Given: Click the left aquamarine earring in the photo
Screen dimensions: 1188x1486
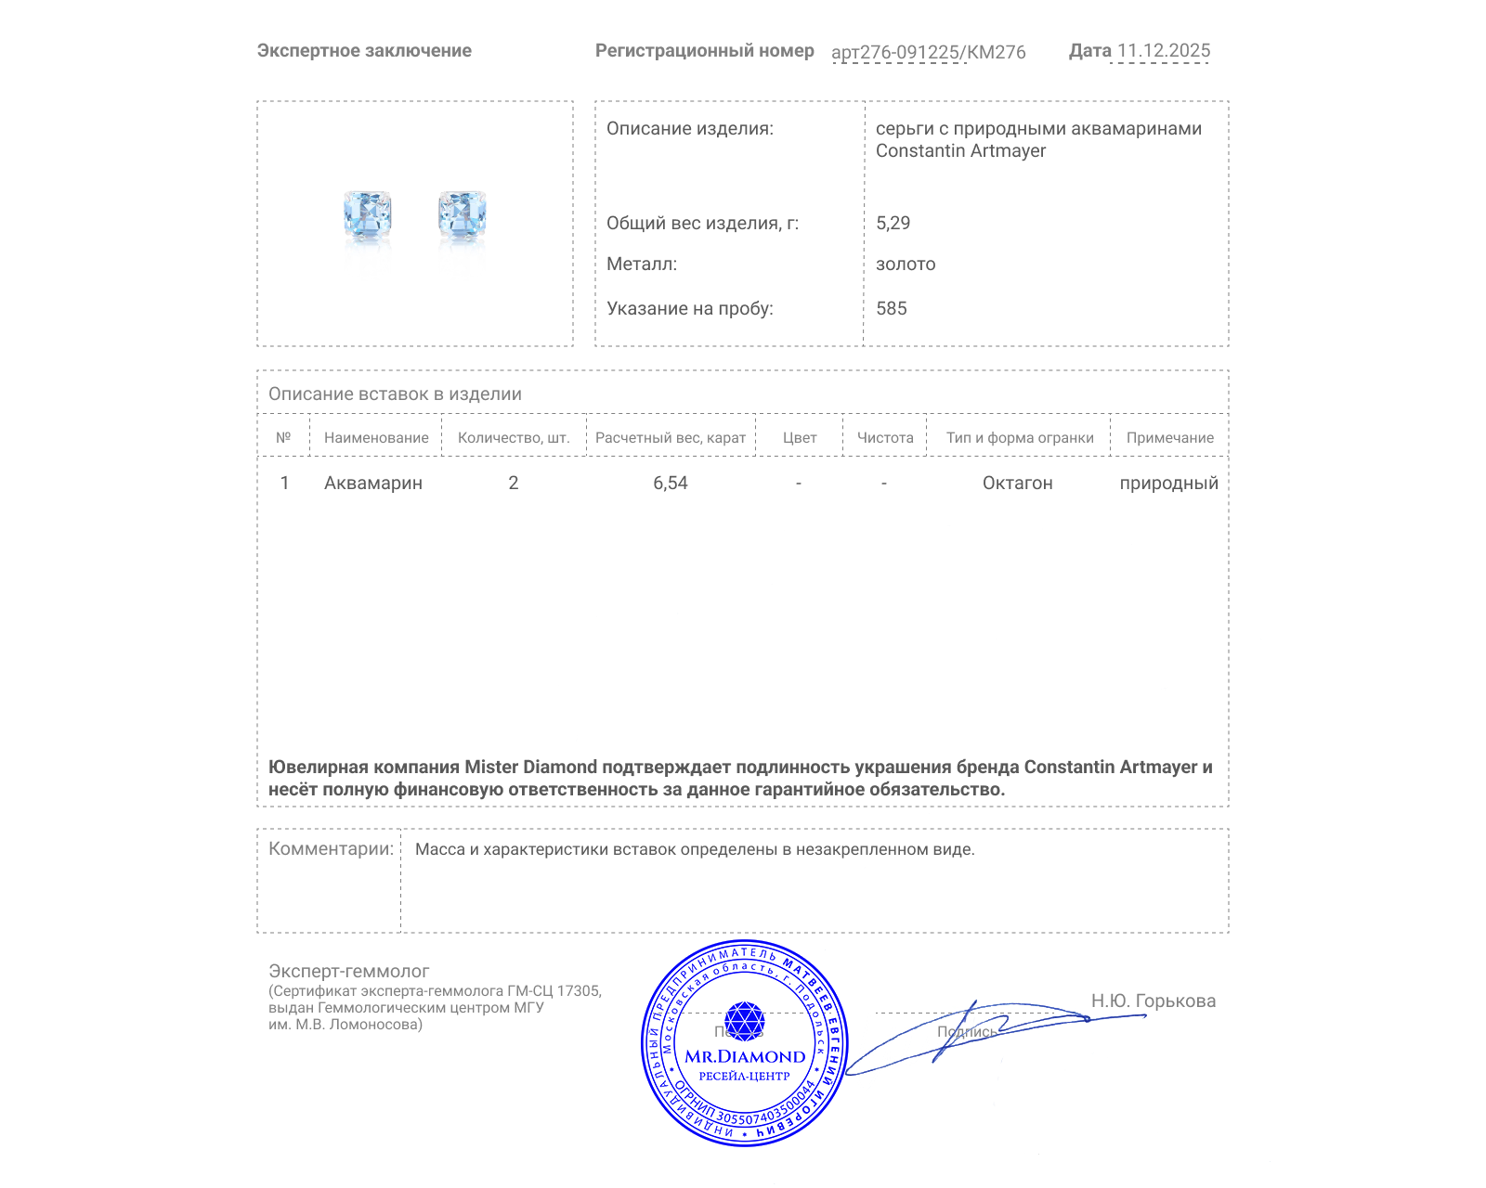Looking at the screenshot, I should tap(367, 215).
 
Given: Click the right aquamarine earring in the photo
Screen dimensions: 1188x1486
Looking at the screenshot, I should tap(463, 215).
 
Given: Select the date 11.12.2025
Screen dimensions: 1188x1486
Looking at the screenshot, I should tap(1164, 51).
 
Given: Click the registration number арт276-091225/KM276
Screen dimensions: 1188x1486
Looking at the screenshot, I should tap(928, 52).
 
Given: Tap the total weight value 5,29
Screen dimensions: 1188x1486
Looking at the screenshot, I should tap(893, 223).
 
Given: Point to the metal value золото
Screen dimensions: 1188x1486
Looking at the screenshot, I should tap(906, 264).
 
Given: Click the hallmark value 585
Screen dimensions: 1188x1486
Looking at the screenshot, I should tap(892, 308).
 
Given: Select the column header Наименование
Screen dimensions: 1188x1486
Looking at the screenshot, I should tap(376, 437).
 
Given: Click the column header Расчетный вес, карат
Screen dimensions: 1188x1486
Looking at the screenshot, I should tap(671, 437).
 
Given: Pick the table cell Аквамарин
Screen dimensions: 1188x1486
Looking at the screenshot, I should tap(373, 483).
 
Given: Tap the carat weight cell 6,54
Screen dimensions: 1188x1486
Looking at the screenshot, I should tap(671, 483).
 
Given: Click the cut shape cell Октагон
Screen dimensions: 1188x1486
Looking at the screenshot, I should tap(1018, 483).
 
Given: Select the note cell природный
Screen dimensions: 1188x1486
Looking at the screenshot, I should tap(1168, 483).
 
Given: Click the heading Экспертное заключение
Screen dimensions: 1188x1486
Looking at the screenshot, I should tap(364, 51).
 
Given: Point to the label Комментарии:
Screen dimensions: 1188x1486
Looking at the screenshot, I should tap(331, 848).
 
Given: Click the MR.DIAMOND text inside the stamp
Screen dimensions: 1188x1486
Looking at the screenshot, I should tap(745, 1056).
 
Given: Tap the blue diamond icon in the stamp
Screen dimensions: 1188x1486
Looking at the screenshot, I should tap(744, 1020).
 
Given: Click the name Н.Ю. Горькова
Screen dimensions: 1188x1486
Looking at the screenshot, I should tap(1153, 1001).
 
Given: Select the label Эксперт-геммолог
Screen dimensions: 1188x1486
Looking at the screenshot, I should tap(349, 971).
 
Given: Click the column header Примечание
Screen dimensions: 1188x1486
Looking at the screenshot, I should tap(1169, 437).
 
